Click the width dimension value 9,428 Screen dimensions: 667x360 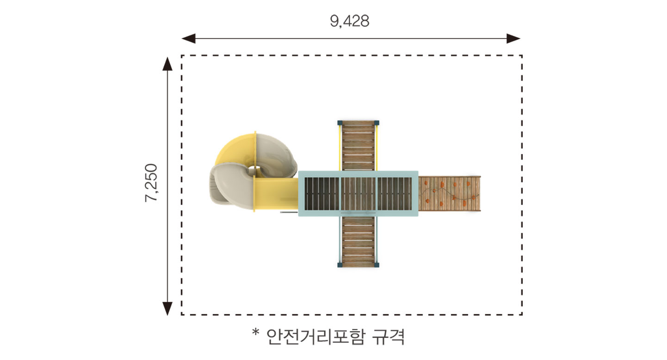tap(350, 21)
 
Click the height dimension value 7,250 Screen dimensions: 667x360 tap(151, 183)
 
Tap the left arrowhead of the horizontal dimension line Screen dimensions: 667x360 tap(188, 38)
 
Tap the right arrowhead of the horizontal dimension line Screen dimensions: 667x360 tap(513, 38)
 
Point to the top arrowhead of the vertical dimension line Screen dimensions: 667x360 tap(167, 64)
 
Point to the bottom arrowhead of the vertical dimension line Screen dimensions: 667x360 tap(167, 309)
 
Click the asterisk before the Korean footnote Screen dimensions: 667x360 tap(255, 332)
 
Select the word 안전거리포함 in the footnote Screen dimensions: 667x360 tap(315, 337)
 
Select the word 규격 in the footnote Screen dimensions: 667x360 tap(388, 337)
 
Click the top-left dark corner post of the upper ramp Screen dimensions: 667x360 tap(340, 123)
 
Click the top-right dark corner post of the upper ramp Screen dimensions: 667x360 tap(377, 123)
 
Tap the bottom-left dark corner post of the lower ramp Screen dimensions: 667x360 tap(340, 265)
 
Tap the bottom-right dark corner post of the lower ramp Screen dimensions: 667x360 tap(377, 265)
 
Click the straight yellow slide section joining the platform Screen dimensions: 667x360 tap(276, 193)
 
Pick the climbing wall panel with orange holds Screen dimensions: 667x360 tap(450, 193)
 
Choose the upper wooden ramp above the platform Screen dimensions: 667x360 tap(358, 146)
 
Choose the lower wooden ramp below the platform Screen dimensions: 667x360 tap(358, 241)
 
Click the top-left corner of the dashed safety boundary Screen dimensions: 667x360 tap(182, 56)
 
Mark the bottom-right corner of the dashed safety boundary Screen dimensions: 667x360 tap(522, 314)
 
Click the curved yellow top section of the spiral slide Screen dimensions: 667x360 tap(236, 149)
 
